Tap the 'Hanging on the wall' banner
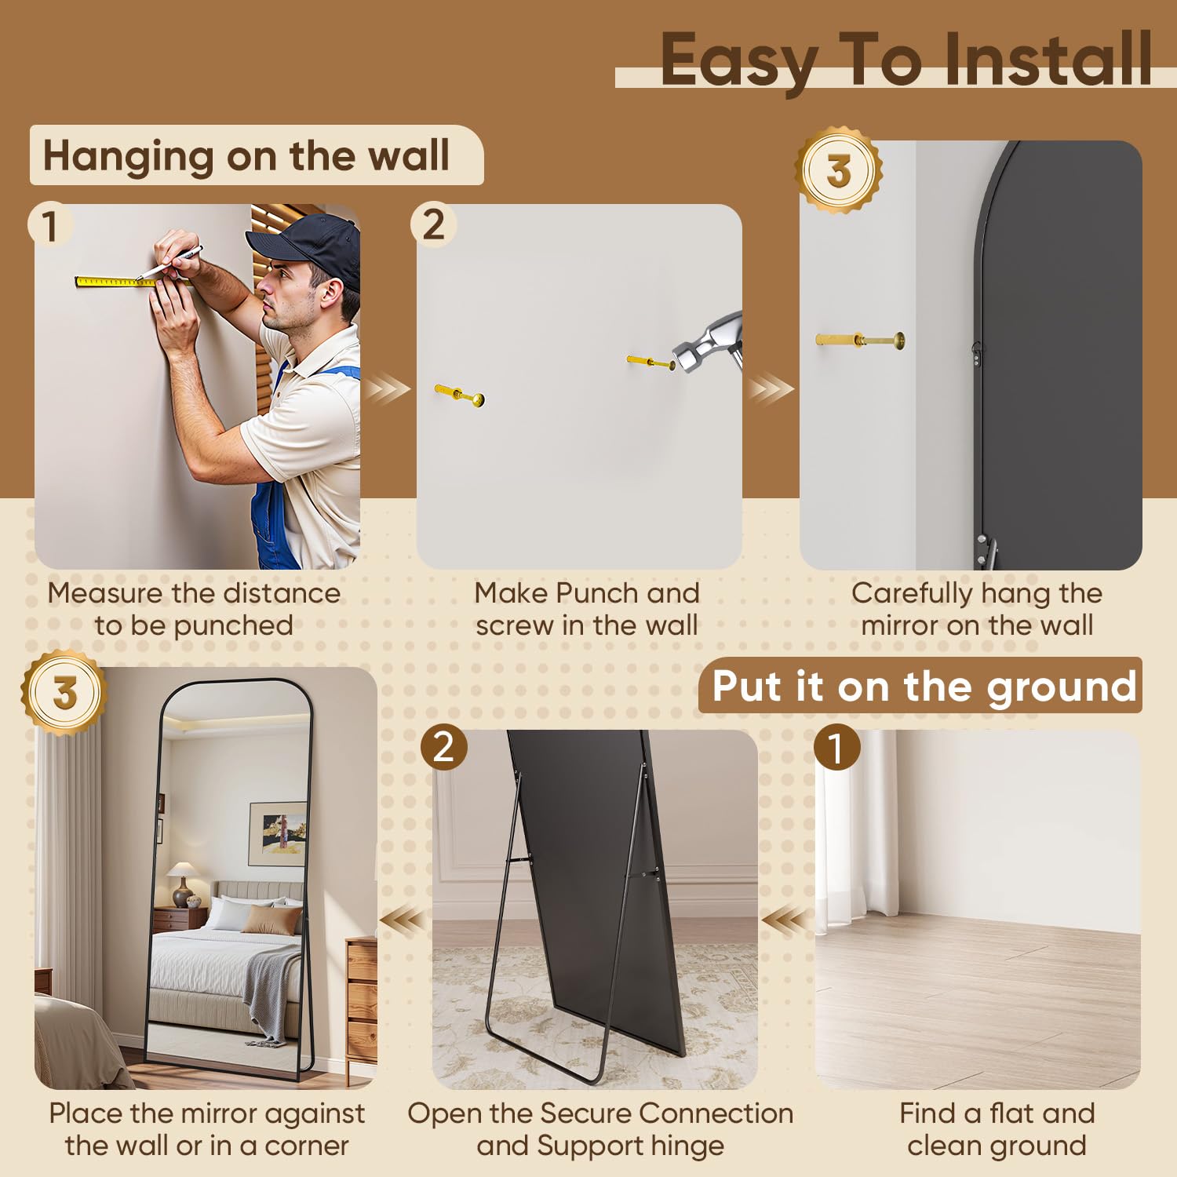(246, 155)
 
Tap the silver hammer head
(706, 345)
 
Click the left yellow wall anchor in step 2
(459, 395)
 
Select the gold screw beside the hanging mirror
(860, 341)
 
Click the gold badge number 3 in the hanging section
(838, 170)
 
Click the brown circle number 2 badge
(443, 747)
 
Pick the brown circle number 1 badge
(836, 747)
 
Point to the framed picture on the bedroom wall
(278, 833)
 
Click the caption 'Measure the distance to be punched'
(194, 609)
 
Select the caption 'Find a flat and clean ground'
(997, 1129)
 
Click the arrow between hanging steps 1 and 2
(388, 388)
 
